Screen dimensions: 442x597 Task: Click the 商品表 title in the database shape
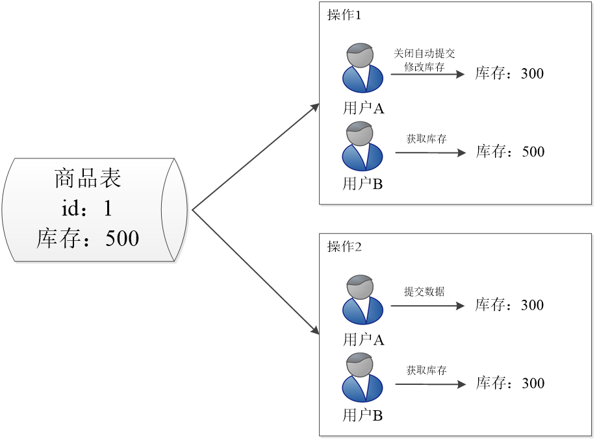click(x=88, y=178)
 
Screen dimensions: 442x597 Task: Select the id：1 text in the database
click(x=88, y=208)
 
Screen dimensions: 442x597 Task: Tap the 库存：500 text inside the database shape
click(x=88, y=238)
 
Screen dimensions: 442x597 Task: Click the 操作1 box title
click(x=344, y=16)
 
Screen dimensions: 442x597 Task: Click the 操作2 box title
click(x=344, y=247)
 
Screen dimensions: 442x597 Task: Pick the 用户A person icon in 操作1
click(x=362, y=68)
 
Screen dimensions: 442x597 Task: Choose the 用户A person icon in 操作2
click(x=362, y=300)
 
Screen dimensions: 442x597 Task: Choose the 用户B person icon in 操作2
click(x=362, y=377)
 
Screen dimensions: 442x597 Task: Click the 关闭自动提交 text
click(x=424, y=54)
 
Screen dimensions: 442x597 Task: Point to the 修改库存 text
click(x=424, y=66)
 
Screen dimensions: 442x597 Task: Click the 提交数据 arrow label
click(x=424, y=292)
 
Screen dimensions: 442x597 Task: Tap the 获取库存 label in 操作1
click(x=426, y=139)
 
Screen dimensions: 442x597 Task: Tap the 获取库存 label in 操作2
click(x=426, y=371)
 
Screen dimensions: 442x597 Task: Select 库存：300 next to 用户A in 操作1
click(x=509, y=73)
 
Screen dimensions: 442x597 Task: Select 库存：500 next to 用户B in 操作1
click(x=510, y=152)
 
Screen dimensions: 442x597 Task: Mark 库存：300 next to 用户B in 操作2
click(x=510, y=383)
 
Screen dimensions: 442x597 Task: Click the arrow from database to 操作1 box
click(x=255, y=156)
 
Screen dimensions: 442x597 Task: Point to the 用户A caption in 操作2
click(x=364, y=339)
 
